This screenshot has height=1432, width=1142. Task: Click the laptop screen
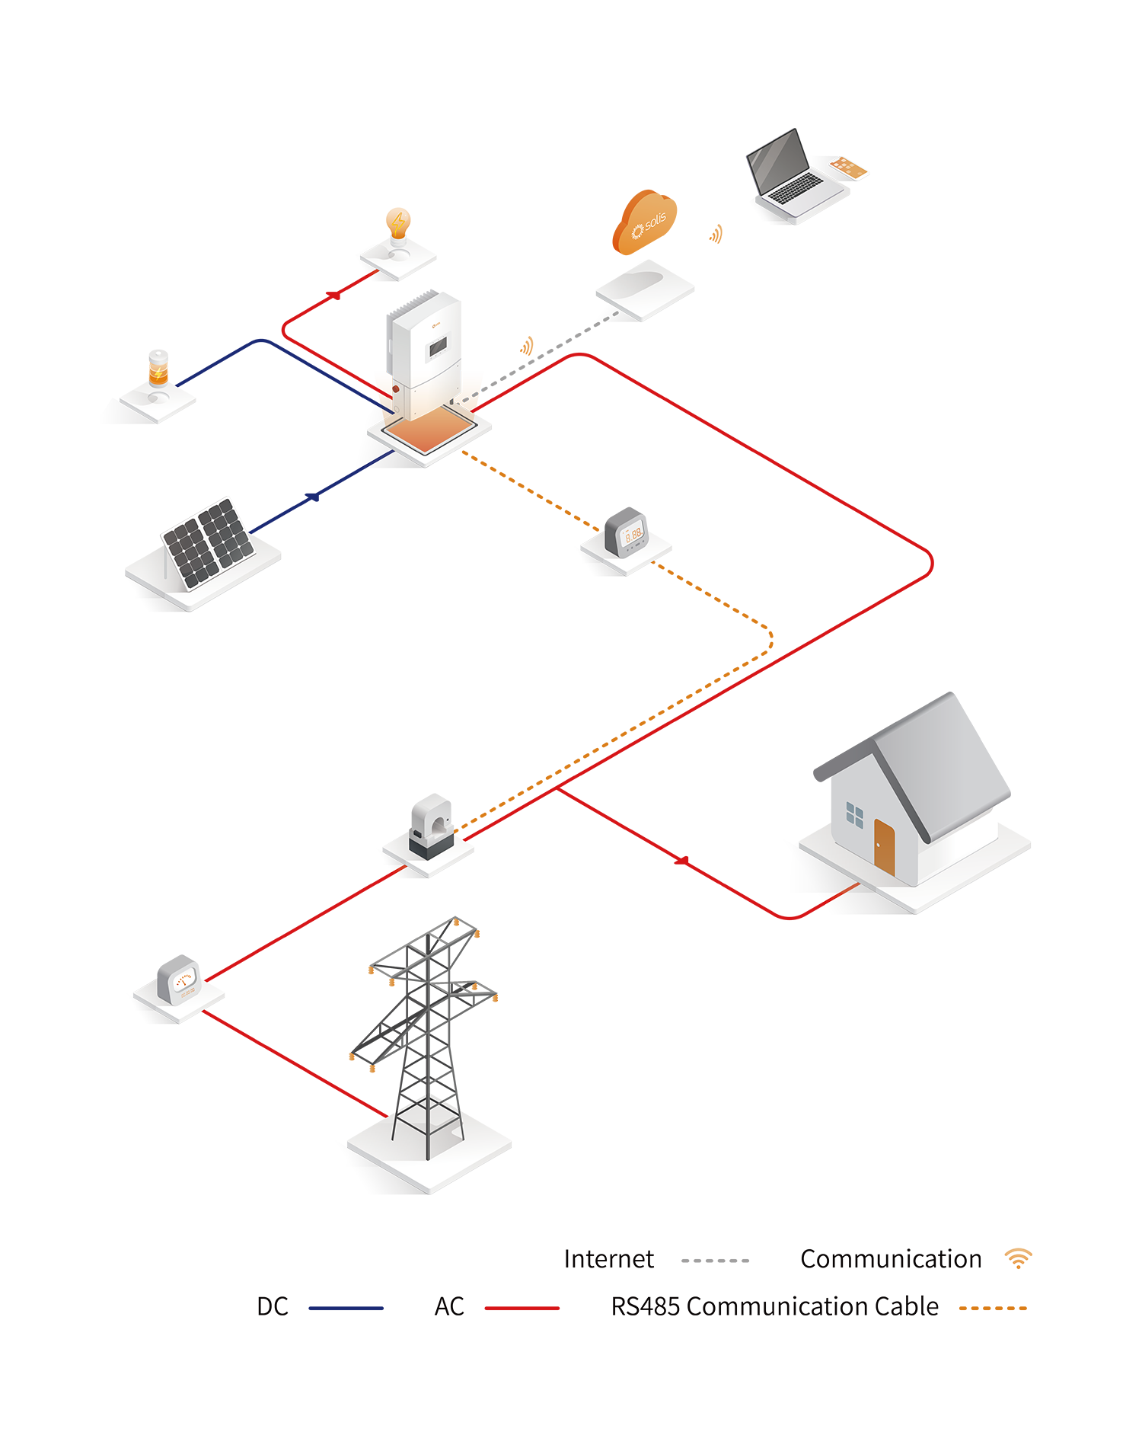[777, 161]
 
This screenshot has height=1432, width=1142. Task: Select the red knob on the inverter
[396, 389]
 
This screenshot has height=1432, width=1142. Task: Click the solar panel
[207, 542]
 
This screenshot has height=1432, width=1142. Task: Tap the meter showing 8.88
[632, 535]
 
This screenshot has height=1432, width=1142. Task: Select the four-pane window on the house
[855, 815]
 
